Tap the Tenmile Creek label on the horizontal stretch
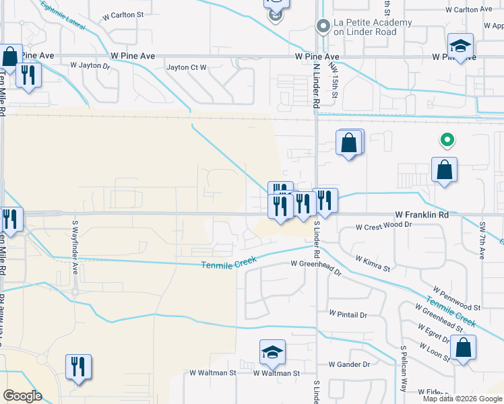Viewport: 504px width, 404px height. coord(229,265)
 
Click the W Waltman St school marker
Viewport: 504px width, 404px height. coord(272,351)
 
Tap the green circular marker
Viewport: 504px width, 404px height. coord(445,140)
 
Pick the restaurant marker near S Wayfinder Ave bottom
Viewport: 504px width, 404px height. coord(78,367)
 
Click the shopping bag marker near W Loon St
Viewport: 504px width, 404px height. coord(464,347)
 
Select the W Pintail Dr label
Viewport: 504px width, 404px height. coord(348,314)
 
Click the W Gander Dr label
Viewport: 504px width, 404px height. coord(349,364)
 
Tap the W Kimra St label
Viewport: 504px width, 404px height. coord(373,263)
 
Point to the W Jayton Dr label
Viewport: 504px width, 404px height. coord(90,66)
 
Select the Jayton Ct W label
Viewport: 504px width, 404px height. coord(187,67)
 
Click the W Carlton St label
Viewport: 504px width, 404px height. coord(123,14)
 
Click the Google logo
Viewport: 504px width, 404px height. coord(22,396)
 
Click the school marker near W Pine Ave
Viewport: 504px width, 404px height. coord(461,46)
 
